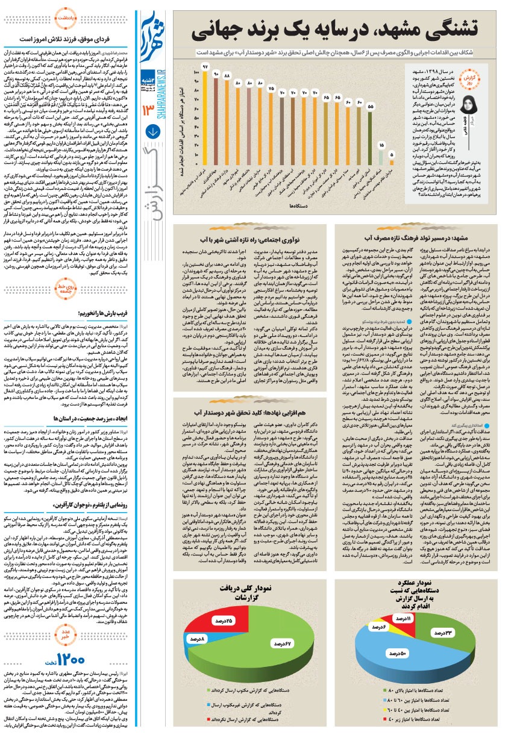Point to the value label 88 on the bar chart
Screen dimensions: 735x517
(227, 77)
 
